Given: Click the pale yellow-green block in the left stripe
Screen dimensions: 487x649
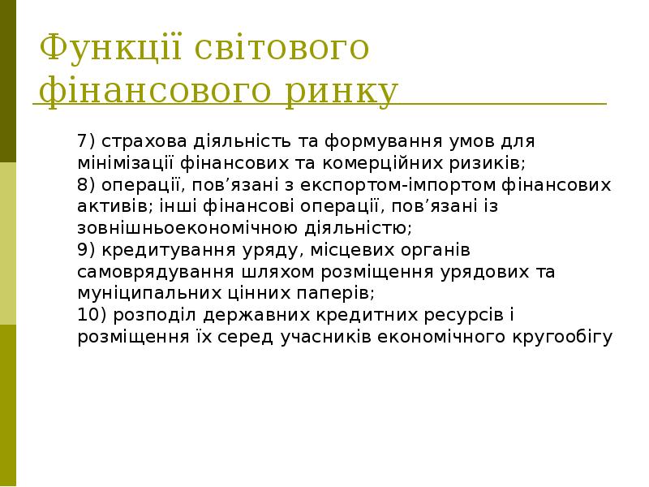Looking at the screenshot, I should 8,243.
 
